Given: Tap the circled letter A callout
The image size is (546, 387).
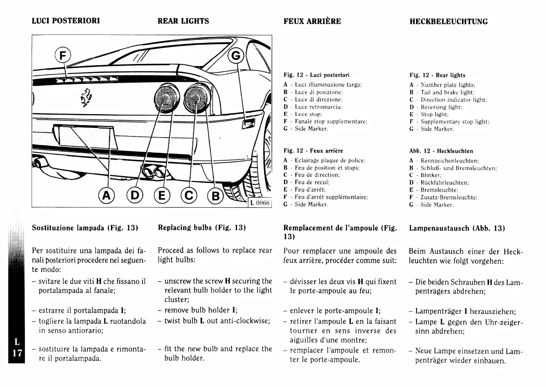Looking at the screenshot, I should (106, 196).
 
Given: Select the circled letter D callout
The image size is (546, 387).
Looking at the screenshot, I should (135, 196).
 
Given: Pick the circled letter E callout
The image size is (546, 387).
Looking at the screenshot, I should (162, 196).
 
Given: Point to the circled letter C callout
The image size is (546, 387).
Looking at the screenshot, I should (189, 196).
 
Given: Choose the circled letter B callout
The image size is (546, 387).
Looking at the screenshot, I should (215, 196).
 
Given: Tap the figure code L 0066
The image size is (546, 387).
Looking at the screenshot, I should (260, 203).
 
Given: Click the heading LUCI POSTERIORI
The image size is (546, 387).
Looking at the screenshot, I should (66, 21).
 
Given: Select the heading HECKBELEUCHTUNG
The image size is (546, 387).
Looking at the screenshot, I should (448, 21).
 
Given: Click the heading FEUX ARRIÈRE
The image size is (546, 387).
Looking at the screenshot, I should (312, 21).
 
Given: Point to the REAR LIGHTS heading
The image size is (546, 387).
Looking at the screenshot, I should (183, 21).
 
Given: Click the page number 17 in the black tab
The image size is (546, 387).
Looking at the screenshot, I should (17, 353).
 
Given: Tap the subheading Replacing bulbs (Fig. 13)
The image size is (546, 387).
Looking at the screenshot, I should (202, 228).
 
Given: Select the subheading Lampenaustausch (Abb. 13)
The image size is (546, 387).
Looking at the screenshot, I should (457, 228).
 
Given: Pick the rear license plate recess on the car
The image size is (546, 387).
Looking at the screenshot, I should (86, 137).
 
